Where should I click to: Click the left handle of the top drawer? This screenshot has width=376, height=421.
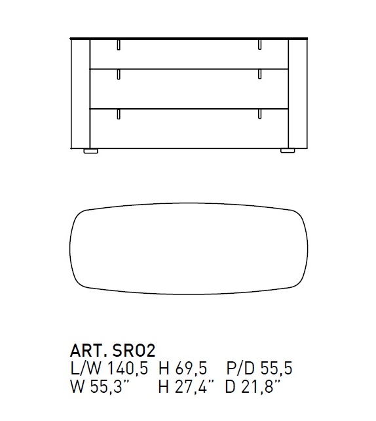click(119, 45)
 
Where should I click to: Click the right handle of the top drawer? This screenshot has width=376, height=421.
click(259, 45)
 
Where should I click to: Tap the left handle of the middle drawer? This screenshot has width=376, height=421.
click(119, 75)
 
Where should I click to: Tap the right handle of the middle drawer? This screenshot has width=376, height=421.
click(259, 74)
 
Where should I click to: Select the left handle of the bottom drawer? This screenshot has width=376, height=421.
click(119, 114)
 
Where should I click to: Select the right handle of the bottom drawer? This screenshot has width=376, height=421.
click(259, 114)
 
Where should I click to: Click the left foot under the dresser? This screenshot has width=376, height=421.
click(90, 151)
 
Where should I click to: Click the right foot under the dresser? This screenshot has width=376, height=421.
click(288, 151)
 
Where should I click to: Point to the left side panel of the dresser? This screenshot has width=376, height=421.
click(80, 94)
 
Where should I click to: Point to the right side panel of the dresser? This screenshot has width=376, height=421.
click(297, 94)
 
